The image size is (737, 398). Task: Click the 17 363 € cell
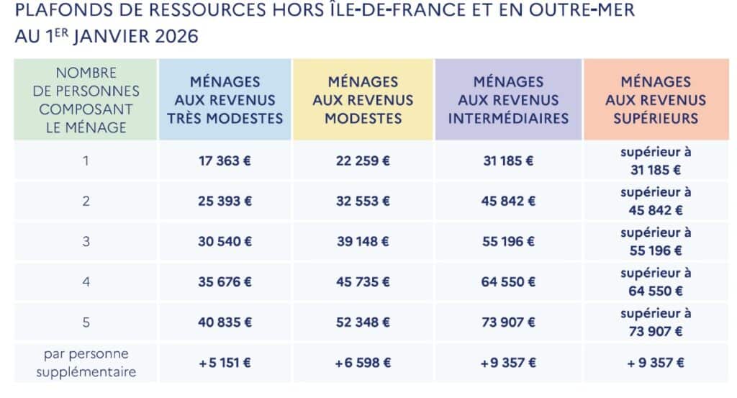[225, 160]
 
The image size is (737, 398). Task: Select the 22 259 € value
[363, 160]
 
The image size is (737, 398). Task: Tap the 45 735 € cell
[363, 282]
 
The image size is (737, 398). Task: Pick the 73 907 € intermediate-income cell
[508, 322]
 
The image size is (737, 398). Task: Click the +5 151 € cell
[225, 363]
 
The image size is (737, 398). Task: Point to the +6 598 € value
[363, 363]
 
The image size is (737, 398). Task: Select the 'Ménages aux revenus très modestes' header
[225, 100]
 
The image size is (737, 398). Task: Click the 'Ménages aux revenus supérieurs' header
[656, 100]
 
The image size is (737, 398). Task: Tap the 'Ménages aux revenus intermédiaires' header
[508, 100]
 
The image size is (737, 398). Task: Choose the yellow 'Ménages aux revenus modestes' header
[363, 100]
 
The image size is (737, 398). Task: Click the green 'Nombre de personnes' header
[86, 100]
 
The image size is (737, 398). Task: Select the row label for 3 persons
[86, 242]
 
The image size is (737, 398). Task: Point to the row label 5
[86, 322]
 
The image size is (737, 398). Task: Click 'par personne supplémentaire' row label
[86, 363]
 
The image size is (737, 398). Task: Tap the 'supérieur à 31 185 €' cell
[656, 160]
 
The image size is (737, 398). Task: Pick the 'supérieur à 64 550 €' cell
[656, 282]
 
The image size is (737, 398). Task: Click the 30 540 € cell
[225, 242]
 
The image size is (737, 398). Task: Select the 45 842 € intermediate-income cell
[508, 201]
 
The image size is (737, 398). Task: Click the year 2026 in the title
[176, 37]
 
